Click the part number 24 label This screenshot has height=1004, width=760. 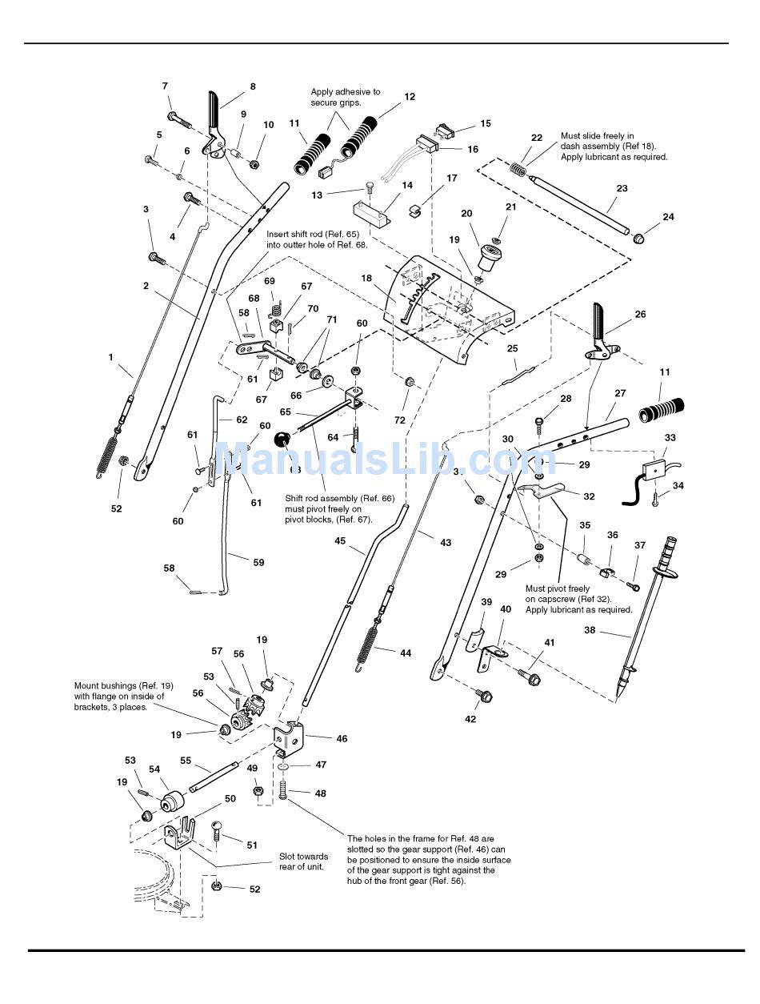pyautogui.click(x=668, y=217)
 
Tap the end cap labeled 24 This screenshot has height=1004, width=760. pyautogui.click(x=640, y=238)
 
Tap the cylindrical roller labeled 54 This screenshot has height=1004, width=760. pyautogui.click(x=172, y=801)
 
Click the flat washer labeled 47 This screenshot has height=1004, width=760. pyautogui.click(x=286, y=767)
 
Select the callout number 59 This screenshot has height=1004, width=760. pyautogui.click(x=258, y=563)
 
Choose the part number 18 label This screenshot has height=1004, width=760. pyautogui.click(x=366, y=279)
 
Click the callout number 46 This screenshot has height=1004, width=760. pyautogui.click(x=342, y=739)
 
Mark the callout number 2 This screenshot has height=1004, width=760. pyautogui.click(x=146, y=286)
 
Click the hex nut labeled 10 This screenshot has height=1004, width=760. pyautogui.click(x=254, y=164)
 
